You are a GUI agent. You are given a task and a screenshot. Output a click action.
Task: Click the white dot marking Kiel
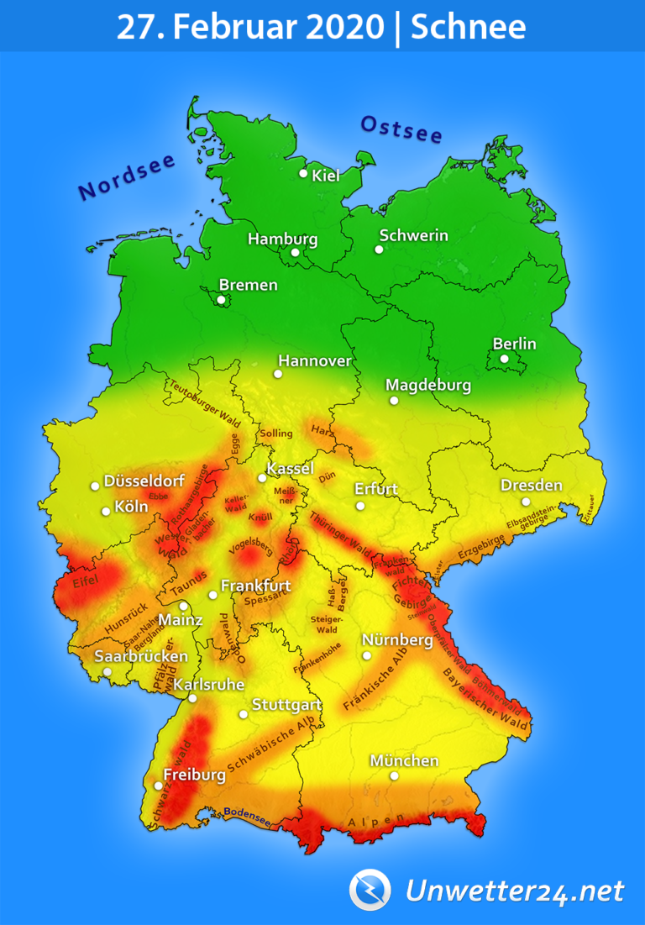pyautogui.click(x=303, y=173)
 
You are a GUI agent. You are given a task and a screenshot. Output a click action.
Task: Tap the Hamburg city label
pyautogui.click(x=282, y=239)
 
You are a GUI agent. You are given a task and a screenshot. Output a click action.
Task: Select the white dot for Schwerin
pyautogui.click(x=379, y=250)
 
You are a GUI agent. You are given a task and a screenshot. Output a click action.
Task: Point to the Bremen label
pyautogui.click(x=248, y=285)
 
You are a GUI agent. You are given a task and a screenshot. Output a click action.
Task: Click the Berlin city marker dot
pyautogui.click(x=504, y=359)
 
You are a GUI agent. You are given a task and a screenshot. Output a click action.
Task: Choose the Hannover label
pyautogui.click(x=314, y=361)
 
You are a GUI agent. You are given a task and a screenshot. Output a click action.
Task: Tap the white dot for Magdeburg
pyautogui.click(x=393, y=401)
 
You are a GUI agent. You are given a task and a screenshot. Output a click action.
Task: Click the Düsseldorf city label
pyautogui.click(x=144, y=481)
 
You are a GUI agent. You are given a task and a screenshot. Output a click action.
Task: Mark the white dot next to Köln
pyautogui.click(x=106, y=511)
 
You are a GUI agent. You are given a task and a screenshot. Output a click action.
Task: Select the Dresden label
pyautogui.click(x=531, y=486)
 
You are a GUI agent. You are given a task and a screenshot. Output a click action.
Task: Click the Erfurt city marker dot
pyautogui.click(x=360, y=506)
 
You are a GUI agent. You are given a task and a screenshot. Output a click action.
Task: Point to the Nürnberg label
pyautogui.click(x=397, y=640)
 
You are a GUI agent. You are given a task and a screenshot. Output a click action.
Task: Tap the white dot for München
pyautogui.click(x=394, y=775)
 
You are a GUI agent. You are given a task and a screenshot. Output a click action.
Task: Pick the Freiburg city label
pyautogui.click(x=194, y=775)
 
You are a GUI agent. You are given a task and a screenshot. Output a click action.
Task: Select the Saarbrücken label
pyautogui.click(x=141, y=656)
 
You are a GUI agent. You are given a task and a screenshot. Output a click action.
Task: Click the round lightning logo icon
pyautogui.click(x=370, y=889)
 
